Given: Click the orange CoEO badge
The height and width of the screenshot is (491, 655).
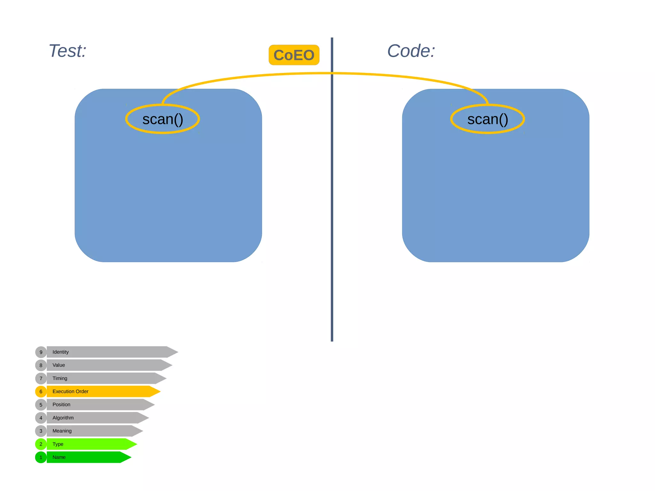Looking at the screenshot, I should coord(294,55).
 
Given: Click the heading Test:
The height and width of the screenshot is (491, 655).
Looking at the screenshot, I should coord(67,51).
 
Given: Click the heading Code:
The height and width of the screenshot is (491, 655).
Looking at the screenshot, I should coord(411,51).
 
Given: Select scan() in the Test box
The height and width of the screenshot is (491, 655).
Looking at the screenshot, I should coord(162,119).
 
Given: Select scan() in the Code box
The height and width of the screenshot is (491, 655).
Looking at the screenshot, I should coord(487,119).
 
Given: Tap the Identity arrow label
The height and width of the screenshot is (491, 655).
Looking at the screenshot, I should coord(60,352).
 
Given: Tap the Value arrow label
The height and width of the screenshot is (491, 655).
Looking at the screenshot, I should coord(59,365).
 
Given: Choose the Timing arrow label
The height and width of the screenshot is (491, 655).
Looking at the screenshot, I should coord(60,378).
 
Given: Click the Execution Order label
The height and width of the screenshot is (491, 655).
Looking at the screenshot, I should coord(70,391).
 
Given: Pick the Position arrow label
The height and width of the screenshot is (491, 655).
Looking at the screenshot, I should coord(61,404).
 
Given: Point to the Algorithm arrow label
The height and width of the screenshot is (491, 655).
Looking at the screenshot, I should coord(63,417).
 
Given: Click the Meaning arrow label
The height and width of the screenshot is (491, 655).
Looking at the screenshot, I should coord(62,431).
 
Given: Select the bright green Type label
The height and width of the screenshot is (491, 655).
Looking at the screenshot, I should coord(58,444).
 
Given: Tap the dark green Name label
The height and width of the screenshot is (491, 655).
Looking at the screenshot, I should coord(59,457).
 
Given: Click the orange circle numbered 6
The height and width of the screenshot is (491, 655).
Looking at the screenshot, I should coord(41,392).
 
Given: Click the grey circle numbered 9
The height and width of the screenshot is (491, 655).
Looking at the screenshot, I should coord(41,352).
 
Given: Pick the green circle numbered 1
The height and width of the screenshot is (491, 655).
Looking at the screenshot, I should coord(41,457).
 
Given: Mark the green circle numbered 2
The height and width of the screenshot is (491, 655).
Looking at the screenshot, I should coord(41,444).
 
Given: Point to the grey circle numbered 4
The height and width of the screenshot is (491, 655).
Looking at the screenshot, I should coord(41,418).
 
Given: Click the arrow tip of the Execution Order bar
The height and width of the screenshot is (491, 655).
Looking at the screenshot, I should coord(157,391).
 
